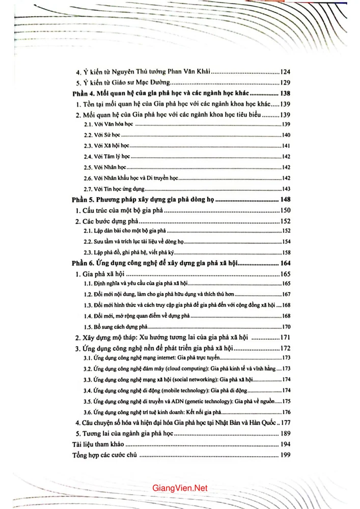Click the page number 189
tap(285, 434)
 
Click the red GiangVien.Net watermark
tap(180, 488)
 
